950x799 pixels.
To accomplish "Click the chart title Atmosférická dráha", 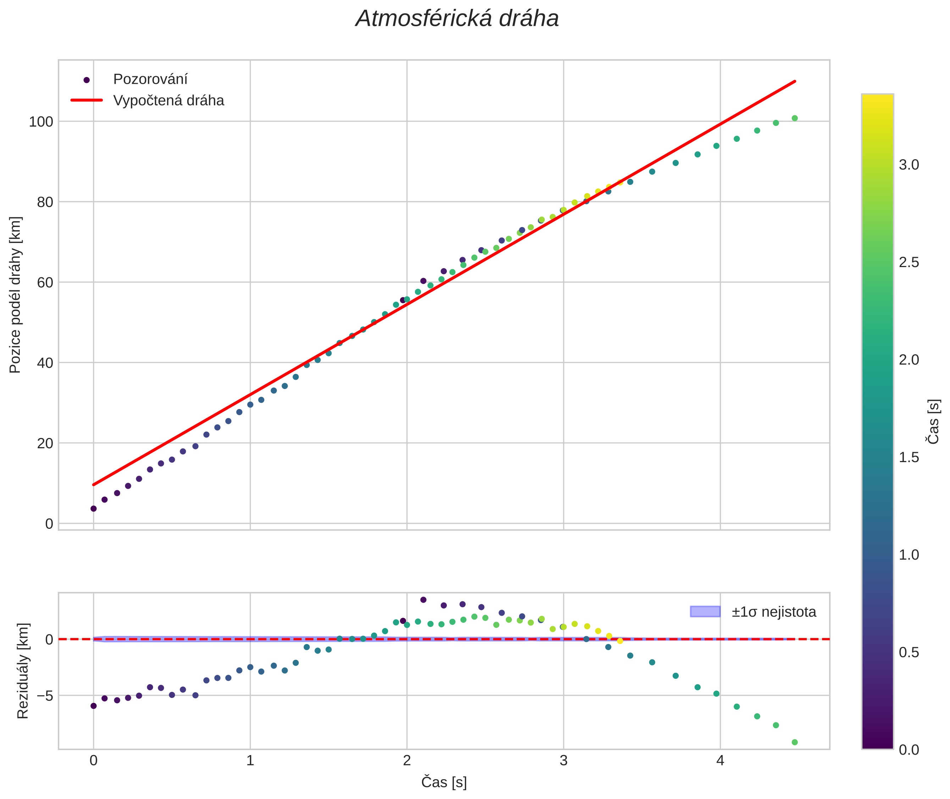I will coord(457,19).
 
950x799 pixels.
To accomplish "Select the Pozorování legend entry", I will coord(150,79).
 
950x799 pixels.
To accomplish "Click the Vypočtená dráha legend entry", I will coord(168,101).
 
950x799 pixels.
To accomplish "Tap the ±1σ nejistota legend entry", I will coord(773,612).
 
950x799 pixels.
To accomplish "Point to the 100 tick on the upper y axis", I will coord(41,122).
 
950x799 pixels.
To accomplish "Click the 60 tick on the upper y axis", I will coord(45,283).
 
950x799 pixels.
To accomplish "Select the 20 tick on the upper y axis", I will coord(45,443).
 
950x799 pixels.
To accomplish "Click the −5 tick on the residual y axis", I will coord(42,695).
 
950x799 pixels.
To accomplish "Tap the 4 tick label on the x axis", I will coord(720,760).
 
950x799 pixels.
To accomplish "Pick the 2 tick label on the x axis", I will coord(407,760).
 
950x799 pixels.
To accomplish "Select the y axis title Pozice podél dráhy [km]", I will coord(15,295).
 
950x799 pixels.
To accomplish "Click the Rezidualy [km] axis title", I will coord(23,671).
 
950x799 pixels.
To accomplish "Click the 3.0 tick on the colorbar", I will coord(909,165).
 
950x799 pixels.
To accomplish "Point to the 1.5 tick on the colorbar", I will coord(909,457).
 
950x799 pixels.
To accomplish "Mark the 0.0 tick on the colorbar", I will coord(909,750).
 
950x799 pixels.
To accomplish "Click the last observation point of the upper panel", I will coord(794,118).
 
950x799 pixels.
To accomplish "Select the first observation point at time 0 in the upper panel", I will coord(94,509).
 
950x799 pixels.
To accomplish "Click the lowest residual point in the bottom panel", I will coord(794,742).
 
